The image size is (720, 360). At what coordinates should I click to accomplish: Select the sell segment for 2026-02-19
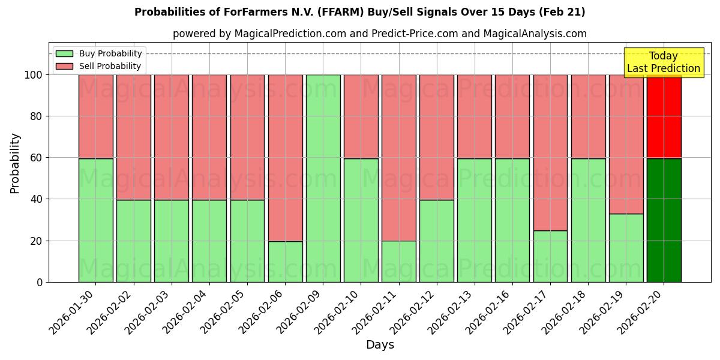pos(626,144)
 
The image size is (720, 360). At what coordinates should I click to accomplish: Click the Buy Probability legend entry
pos(99,53)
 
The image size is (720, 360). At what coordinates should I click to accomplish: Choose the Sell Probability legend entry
pos(99,66)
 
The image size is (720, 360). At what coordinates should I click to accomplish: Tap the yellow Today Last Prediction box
pos(663,62)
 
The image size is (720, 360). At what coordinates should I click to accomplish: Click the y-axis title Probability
pos(15,163)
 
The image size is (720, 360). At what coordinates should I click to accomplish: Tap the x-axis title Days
pos(380,345)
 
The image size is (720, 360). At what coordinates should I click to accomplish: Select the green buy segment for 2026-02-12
pos(436,241)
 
